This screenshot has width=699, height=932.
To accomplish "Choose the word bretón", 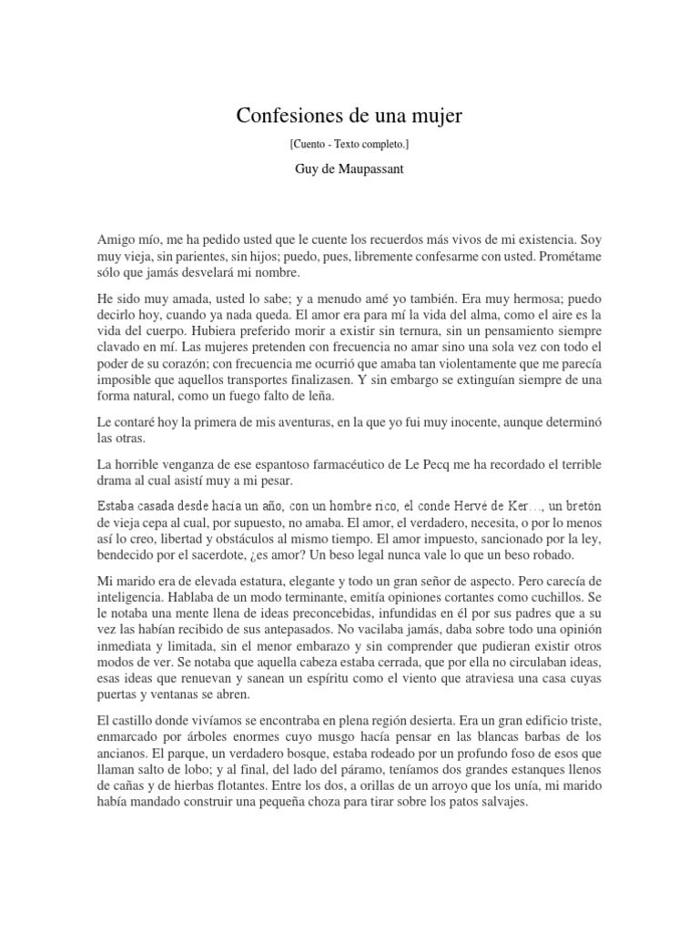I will pos(580,505).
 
